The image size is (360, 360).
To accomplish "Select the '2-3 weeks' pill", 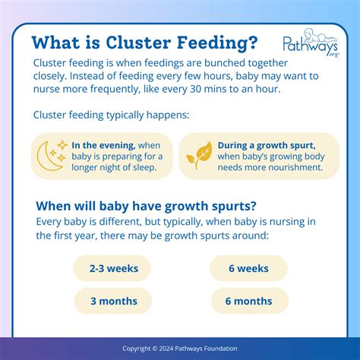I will point(112,268).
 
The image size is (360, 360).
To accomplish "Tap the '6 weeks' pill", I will point(248,268).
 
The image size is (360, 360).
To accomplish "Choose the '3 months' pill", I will point(112,301).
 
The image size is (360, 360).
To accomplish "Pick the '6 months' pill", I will point(248,301).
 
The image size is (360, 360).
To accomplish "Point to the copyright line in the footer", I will point(180,349).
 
